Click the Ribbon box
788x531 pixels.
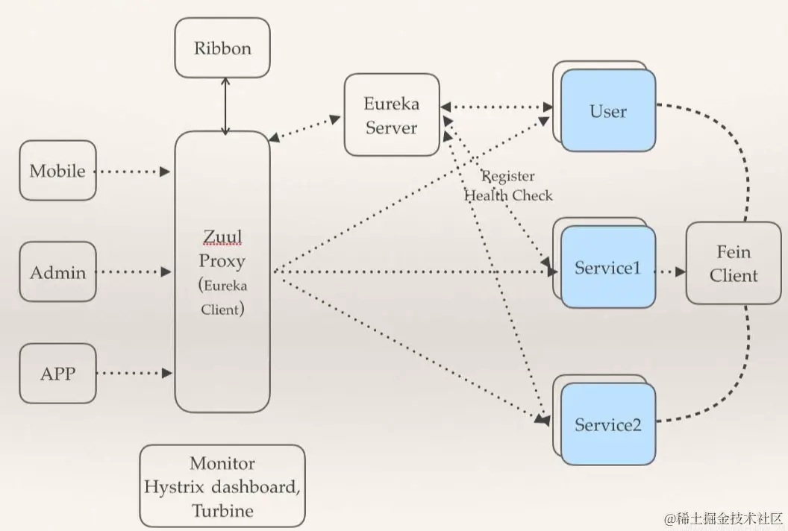coord(222,48)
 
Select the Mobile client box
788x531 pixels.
coord(57,171)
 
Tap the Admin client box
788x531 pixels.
coord(57,272)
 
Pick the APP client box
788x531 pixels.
coord(57,373)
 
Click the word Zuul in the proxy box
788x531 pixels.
coord(222,238)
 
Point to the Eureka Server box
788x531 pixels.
coord(391,115)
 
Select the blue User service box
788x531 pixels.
coord(608,112)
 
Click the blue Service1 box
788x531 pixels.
coord(608,268)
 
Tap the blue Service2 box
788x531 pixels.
coord(608,425)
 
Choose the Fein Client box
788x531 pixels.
coord(734,264)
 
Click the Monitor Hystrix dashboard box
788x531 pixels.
coord(222,486)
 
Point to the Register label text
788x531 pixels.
coord(509,177)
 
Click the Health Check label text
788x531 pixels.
coord(509,195)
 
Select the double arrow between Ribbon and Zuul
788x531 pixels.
coord(225,105)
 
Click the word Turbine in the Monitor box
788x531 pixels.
coord(222,511)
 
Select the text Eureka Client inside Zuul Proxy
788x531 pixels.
coord(222,296)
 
